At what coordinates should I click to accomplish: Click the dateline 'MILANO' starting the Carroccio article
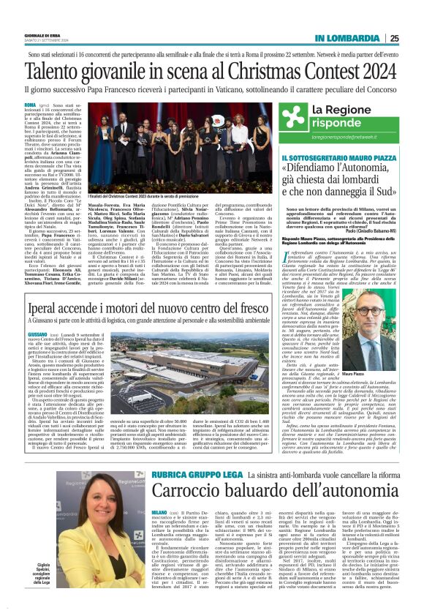pyautogui.click(x=139, y=492)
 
